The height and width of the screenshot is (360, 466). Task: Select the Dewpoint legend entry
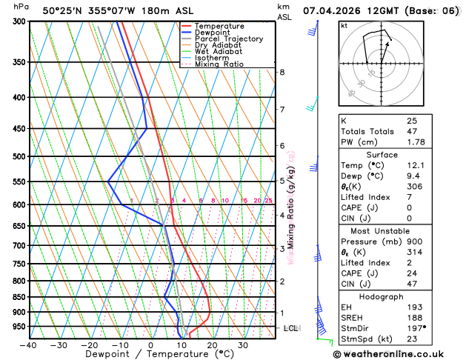pyautogui.click(x=216, y=33)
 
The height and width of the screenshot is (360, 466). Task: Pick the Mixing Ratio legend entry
pyautogui.click(x=219, y=64)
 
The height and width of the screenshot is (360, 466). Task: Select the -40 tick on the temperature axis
pyautogui.click(x=28, y=345)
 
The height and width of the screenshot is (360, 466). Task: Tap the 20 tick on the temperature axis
pyautogui.click(x=212, y=345)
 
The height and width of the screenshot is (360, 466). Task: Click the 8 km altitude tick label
pyautogui.click(x=282, y=72)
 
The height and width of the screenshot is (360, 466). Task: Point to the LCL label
pyautogui.click(x=290, y=327)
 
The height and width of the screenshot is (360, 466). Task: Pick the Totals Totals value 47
pyautogui.click(x=411, y=131)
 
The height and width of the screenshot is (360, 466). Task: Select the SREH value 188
pyautogui.click(x=414, y=316)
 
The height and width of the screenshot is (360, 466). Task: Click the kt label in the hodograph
pyautogui.click(x=344, y=26)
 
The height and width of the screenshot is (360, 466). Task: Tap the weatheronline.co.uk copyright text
pyautogui.click(x=399, y=354)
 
